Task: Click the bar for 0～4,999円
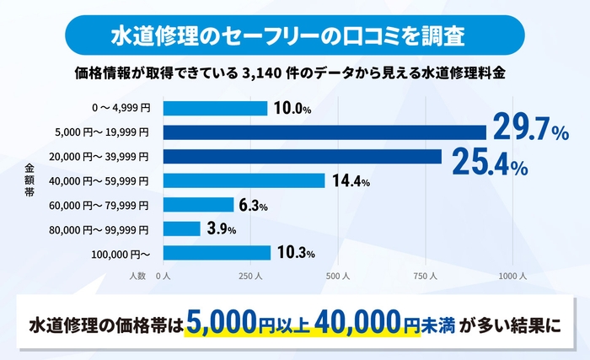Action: point(215,108)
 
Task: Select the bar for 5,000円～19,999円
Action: point(324,132)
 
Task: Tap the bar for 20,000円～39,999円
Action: point(302,157)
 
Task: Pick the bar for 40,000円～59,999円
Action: point(244,180)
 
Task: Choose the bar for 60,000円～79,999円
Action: point(198,205)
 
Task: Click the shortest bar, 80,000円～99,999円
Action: point(181,228)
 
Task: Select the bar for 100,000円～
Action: point(217,253)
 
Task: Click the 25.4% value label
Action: point(490,162)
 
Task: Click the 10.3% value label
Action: point(296,253)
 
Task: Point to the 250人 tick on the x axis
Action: point(250,276)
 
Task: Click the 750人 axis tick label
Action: point(426,276)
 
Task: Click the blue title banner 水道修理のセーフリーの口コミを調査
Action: point(294,36)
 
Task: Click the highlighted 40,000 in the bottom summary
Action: point(366,323)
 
